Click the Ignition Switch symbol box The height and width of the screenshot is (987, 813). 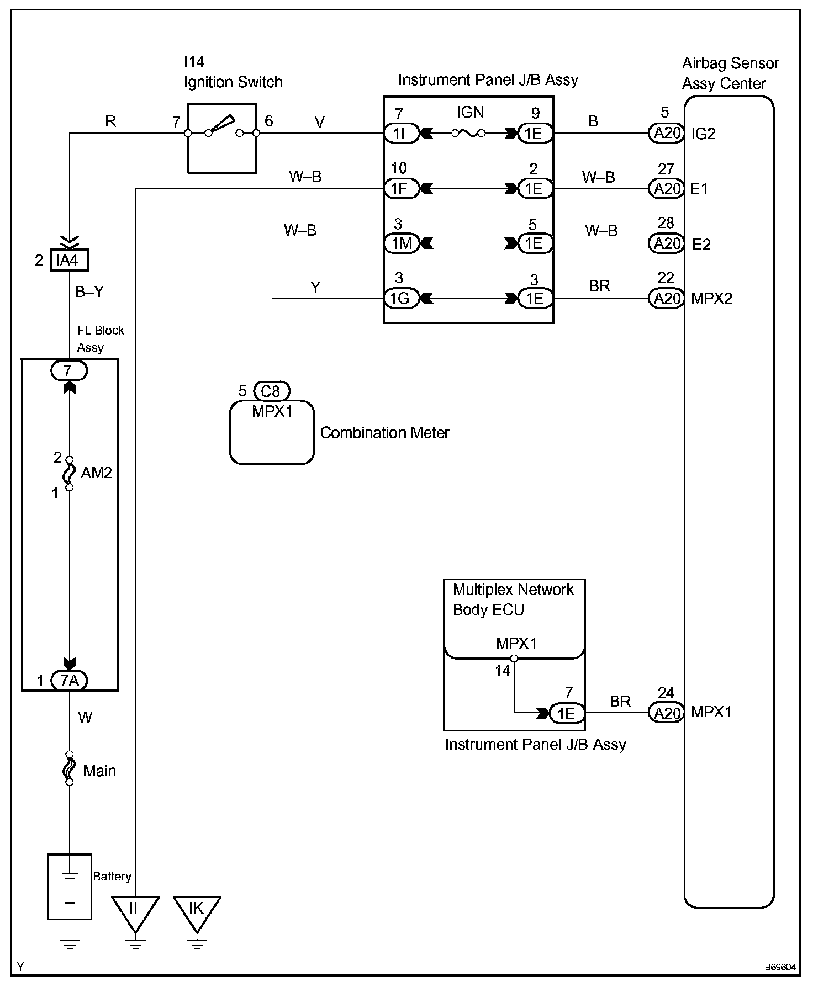(222, 138)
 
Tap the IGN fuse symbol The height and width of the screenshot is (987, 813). (468, 133)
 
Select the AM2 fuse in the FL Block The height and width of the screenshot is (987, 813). (70, 473)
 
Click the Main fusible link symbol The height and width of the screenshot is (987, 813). (70, 768)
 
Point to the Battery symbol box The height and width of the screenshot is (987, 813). (70, 887)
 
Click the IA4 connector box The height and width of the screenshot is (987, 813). (69, 260)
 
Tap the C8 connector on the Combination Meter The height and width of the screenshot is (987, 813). (271, 391)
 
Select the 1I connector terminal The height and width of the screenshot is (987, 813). (402, 133)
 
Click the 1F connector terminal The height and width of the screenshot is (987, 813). (402, 188)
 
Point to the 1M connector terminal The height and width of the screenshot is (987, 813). (402, 243)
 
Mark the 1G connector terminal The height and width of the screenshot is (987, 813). (402, 299)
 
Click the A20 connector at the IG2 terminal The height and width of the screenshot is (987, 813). (666, 133)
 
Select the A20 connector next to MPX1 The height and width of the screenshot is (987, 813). (666, 713)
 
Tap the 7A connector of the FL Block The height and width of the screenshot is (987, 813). (70, 681)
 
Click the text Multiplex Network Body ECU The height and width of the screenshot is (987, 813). (513, 599)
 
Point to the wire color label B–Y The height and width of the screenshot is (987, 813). (89, 291)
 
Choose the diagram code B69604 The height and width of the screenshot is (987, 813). (780, 967)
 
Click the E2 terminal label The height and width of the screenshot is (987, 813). (701, 244)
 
